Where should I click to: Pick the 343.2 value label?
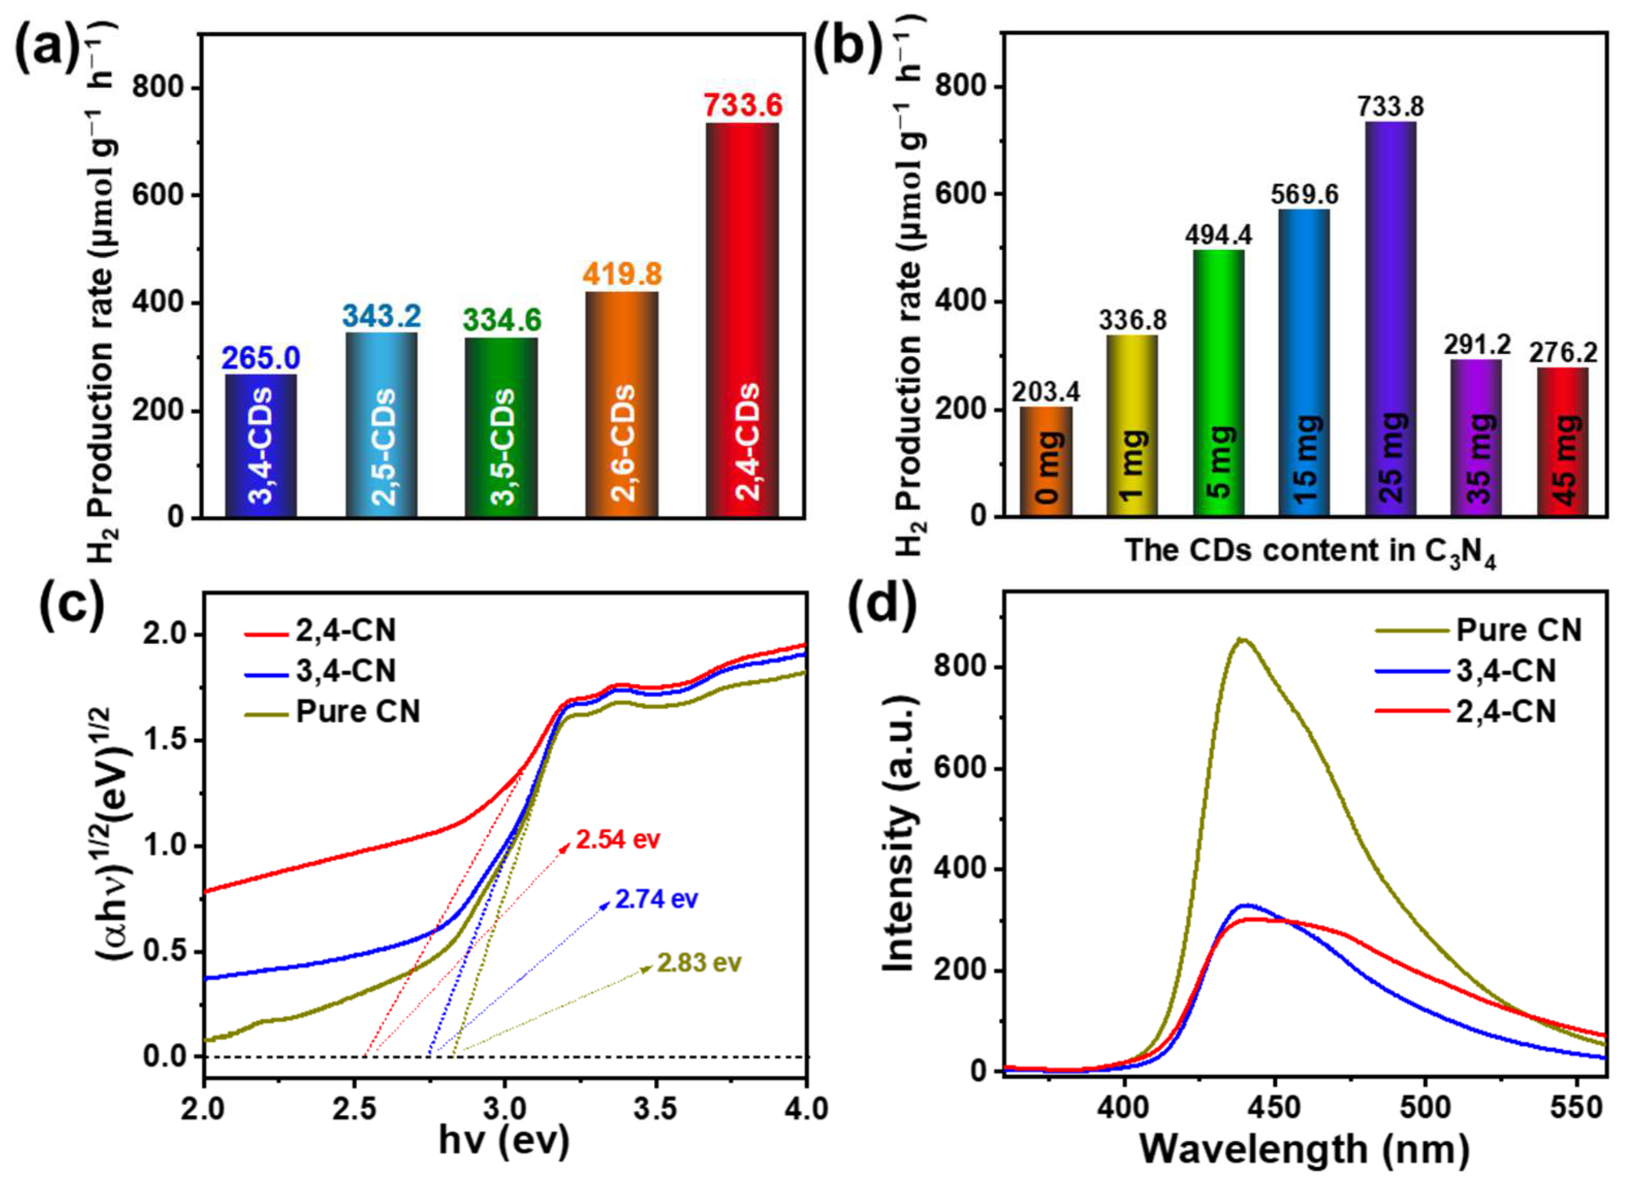tap(381, 316)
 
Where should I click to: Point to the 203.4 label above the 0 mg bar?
tap(1046, 392)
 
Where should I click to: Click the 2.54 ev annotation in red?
tap(617, 839)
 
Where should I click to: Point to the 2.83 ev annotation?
tap(698, 963)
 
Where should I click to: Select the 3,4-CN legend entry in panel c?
tap(345, 670)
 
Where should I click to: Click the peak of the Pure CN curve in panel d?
tap(1242, 639)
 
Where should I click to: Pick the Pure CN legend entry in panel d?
tap(1518, 630)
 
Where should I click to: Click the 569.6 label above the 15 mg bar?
tap(1304, 194)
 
